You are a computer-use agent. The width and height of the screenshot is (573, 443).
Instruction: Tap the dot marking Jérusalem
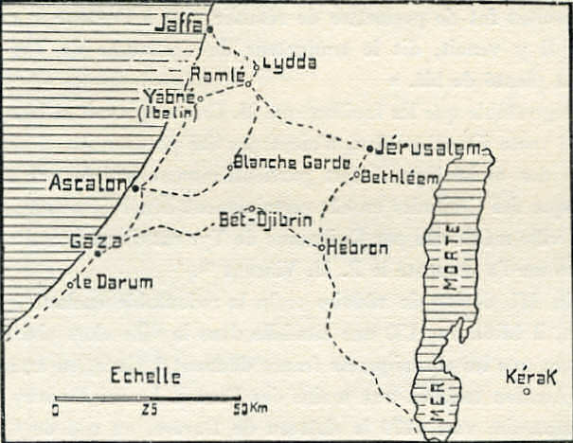click(x=369, y=148)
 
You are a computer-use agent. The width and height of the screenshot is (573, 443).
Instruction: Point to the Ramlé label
click(x=216, y=74)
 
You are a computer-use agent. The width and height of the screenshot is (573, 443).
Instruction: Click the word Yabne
click(x=169, y=96)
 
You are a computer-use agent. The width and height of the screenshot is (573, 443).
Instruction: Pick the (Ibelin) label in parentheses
click(x=167, y=113)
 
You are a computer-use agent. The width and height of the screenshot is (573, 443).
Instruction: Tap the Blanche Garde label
click(x=279, y=162)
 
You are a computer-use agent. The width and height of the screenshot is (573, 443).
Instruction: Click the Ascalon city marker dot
click(x=134, y=187)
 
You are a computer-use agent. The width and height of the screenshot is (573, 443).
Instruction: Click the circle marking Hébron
click(x=321, y=247)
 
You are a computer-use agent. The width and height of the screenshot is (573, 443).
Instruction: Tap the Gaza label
click(x=96, y=241)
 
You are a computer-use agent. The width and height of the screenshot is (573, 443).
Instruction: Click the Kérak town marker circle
click(x=527, y=390)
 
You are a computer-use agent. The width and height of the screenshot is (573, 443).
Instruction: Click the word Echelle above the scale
click(x=146, y=375)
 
